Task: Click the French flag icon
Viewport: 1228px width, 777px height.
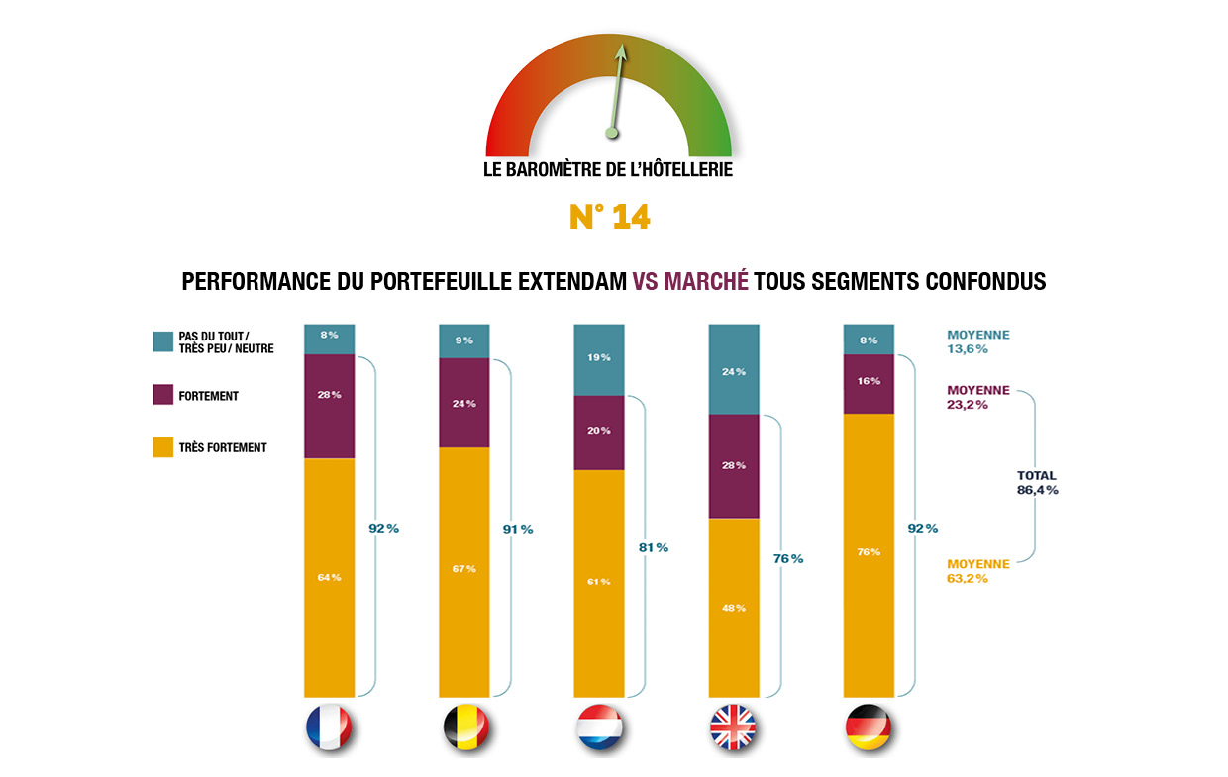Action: [x=329, y=729]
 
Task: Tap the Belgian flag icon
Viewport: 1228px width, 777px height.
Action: [x=464, y=729]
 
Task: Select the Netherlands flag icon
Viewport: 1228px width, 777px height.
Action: [x=598, y=729]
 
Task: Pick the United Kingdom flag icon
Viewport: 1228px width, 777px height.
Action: [x=733, y=729]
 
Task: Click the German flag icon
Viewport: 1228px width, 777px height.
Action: [x=869, y=729]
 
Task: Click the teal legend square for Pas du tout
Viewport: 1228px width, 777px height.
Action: [x=163, y=341]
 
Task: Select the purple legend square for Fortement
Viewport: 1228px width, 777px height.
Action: [x=163, y=396]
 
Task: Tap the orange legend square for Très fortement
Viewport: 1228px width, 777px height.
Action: [x=163, y=447]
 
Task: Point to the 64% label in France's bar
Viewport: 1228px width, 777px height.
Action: [x=329, y=577]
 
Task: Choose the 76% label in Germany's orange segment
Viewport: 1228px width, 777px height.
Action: [x=869, y=552]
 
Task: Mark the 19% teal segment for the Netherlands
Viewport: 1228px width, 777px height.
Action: [x=599, y=357]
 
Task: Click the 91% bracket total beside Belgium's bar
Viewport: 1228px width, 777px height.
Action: [x=517, y=529]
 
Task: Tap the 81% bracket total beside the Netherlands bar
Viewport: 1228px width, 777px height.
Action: [x=653, y=547]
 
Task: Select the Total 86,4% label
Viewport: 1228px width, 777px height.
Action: [x=1037, y=482]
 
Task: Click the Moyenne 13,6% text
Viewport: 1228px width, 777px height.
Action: [x=977, y=342]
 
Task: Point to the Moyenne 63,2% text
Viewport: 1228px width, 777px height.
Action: [x=977, y=571]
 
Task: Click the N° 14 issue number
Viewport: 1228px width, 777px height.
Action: [x=610, y=217]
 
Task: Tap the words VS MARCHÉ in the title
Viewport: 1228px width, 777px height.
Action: [x=690, y=282]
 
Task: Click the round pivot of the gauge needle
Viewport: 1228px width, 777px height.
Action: [x=611, y=132]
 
